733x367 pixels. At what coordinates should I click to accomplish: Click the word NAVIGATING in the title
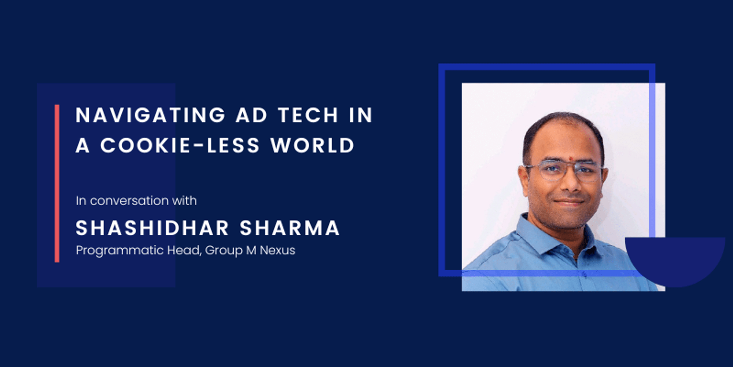(x=150, y=115)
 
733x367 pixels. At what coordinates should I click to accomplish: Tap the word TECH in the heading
(x=308, y=115)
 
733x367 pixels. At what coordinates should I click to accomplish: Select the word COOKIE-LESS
(x=180, y=145)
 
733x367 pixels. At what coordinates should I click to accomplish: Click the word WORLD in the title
(x=313, y=145)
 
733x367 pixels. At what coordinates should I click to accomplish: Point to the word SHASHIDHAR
(x=152, y=228)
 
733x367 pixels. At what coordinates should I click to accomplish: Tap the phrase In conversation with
(x=136, y=201)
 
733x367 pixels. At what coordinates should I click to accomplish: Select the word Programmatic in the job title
(x=119, y=250)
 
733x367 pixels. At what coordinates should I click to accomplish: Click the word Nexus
(x=277, y=250)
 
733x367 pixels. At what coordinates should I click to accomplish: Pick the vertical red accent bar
(x=57, y=183)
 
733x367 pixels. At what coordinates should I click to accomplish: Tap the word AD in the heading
(x=251, y=115)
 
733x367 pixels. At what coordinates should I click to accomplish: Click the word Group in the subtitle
(x=224, y=250)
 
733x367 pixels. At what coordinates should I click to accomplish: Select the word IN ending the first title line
(x=361, y=115)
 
